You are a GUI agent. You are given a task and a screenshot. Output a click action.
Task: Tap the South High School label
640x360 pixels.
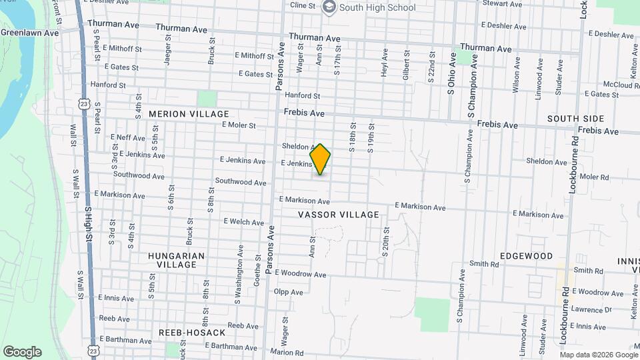(377, 8)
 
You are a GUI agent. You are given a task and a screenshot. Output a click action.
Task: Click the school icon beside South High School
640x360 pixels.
(329, 7)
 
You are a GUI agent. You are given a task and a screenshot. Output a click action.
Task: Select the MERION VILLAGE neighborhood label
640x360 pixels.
(189, 114)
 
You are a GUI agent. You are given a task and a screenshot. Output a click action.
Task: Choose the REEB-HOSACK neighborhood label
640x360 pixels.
(185, 332)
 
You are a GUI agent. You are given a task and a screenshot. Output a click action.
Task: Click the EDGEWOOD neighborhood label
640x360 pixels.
(527, 256)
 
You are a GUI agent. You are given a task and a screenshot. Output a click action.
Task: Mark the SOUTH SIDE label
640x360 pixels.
(576, 119)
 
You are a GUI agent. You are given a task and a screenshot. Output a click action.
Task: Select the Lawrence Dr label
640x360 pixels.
(591, 310)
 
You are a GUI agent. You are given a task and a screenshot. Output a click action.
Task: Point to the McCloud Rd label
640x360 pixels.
(621, 85)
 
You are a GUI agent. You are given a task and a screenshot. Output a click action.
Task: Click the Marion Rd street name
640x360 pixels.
(288, 353)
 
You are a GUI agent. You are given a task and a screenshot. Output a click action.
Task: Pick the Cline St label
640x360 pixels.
(302, 5)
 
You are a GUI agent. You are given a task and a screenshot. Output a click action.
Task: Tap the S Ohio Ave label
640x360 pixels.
(451, 75)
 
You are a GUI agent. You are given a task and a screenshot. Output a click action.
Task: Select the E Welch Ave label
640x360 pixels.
(244, 221)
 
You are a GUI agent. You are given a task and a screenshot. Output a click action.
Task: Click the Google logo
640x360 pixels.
(22, 352)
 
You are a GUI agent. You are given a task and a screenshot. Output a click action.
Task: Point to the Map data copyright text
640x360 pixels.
(599, 355)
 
